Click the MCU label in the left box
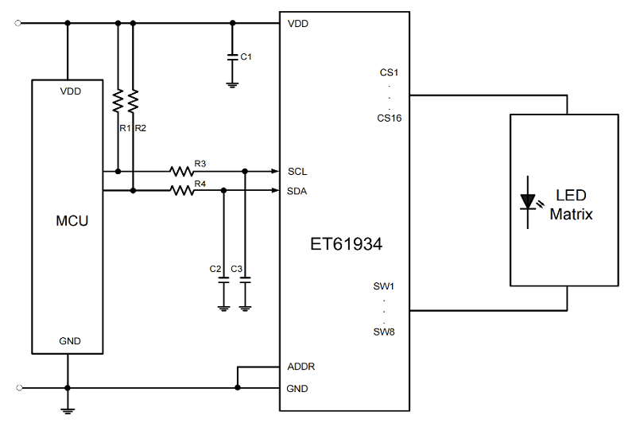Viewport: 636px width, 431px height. [x=72, y=221]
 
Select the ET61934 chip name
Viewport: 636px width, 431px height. [x=346, y=244]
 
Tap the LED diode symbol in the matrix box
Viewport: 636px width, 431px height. [x=528, y=202]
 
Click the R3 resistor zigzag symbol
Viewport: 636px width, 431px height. [x=182, y=171]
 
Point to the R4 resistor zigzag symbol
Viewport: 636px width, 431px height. [x=182, y=190]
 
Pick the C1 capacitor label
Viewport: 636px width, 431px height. [x=246, y=56]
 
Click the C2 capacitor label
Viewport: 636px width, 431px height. [x=215, y=269]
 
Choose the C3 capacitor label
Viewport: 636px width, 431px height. [x=236, y=269]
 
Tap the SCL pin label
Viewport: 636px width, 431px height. [x=297, y=172]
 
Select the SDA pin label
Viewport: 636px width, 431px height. [x=297, y=191]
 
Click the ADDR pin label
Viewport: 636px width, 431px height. [x=301, y=367]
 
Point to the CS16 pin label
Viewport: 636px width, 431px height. [x=390, y=118]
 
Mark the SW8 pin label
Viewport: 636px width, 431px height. [x=384, y=332]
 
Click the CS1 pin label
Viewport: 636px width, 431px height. [x=389, y=72]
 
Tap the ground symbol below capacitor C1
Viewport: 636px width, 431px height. [x=232, y=85]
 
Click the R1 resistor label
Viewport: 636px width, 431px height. [x=125, y=128]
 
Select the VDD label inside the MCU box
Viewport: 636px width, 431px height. [x=71, y=91]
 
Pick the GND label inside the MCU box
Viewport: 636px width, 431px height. [x=70, y=341]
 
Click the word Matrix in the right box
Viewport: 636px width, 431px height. [x=571, y=214]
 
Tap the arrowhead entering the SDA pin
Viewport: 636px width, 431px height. [x=275, y=190]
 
